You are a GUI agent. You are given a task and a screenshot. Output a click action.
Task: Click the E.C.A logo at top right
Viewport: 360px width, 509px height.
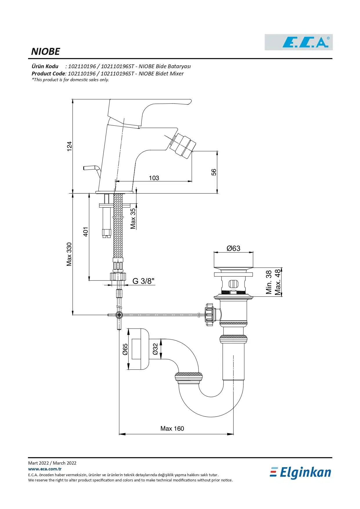(299, 42)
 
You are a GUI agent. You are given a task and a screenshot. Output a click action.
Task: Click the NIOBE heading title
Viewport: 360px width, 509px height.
(45, 52)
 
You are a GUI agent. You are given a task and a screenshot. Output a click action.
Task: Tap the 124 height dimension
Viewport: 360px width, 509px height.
(69, 146)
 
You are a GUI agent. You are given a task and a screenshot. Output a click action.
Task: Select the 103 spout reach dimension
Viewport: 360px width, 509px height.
(154, 178)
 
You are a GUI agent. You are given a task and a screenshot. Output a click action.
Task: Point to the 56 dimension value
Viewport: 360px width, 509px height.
(214, 172)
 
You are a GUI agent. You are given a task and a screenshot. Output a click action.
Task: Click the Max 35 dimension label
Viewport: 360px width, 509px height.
(133, 219)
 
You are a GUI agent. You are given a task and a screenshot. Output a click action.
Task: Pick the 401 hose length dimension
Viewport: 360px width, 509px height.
(86, 232)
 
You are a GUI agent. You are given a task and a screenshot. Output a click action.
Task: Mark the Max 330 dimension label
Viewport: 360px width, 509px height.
(69, 254)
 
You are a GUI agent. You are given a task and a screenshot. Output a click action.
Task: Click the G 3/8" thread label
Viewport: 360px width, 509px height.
(143, 281)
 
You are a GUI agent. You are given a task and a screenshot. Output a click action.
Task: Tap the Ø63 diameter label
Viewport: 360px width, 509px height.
(233, 248)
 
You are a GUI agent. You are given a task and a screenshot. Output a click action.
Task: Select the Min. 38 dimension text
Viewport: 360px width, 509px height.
(269, 282)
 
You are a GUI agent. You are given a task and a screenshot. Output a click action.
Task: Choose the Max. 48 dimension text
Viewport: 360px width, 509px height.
(278, 282)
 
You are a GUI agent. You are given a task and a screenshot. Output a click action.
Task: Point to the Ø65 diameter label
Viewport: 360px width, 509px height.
(125, 349)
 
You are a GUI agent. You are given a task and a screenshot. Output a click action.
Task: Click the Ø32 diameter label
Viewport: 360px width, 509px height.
(155, 349)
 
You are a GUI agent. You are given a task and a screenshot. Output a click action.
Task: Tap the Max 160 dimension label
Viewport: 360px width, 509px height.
(172, 429)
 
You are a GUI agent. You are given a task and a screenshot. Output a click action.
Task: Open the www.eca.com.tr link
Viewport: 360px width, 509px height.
(45, 469)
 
